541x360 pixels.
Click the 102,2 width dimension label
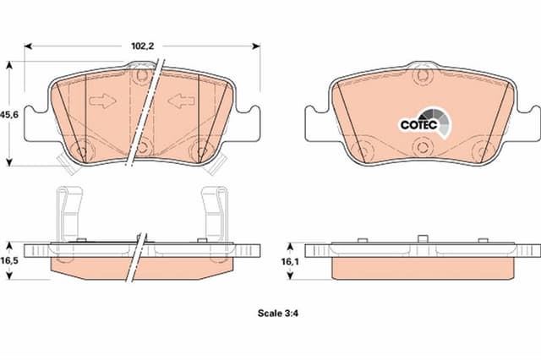[143, 46]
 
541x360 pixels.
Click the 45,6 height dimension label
[9, 115]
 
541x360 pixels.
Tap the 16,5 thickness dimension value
[9, 260]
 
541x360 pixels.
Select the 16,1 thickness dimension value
[290, 262]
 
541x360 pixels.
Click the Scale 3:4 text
[278, 314]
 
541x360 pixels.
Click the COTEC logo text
[419, 124]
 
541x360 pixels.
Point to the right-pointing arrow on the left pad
[102, 101]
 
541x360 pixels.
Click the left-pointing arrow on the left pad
[181, 101]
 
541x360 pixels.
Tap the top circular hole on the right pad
[423, 76]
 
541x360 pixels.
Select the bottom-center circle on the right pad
[422, 147]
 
